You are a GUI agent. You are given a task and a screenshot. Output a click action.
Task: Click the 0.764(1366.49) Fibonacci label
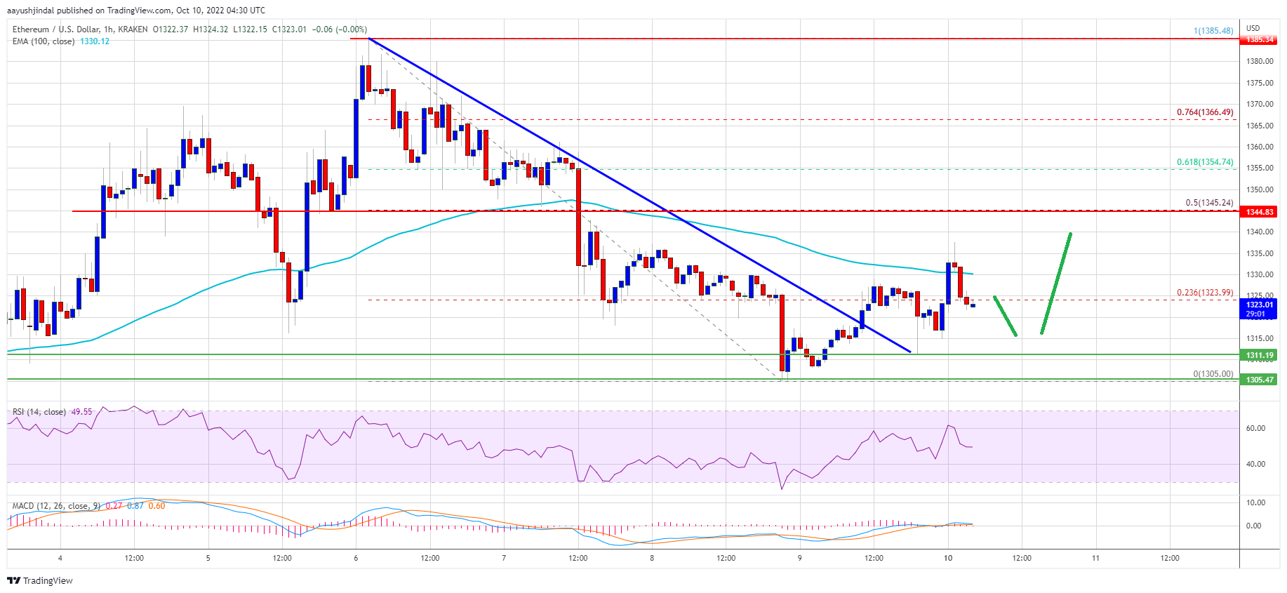click(1204, 112)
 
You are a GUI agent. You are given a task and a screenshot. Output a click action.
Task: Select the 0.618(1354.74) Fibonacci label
click(1204, 162)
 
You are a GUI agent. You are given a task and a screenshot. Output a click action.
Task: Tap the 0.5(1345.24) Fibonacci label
click(1208, 203)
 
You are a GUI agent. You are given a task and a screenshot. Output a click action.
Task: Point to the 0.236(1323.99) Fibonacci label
click(1204, 293)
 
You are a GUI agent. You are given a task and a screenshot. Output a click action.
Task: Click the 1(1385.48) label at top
click(1213, 31)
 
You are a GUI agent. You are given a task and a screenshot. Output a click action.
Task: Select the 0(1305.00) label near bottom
click(1213, 374)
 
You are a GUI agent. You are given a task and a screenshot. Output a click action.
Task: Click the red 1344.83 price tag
click(1259, 212)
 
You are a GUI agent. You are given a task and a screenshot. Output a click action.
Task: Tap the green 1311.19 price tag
click(1259, 355)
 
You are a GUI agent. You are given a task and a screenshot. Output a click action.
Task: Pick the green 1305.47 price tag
click(1259, 380)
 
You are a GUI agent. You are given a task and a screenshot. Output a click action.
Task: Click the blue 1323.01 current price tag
click(1259, 305)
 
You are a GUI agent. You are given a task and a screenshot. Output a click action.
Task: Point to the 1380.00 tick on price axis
click(1259, 62)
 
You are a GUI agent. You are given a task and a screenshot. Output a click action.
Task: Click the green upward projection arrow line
click(1055, 283)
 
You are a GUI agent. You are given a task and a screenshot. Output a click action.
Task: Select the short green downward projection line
click(1005, 316)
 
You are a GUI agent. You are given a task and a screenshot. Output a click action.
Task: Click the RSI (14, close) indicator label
click(39, 412)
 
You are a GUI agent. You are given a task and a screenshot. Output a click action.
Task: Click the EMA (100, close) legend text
click(44, 41)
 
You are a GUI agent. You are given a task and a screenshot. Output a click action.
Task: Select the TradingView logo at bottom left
click(40, 580)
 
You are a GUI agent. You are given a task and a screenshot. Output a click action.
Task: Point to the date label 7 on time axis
click(504, 559)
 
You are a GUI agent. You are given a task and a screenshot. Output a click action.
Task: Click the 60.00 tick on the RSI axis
click(1255, 428)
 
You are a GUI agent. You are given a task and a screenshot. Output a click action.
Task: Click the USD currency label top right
click(1253, 28)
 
